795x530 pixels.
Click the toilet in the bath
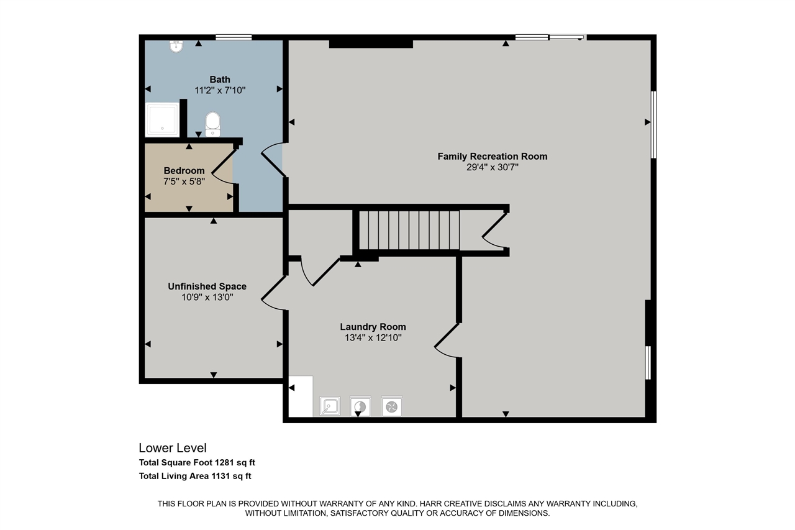click(212, 124)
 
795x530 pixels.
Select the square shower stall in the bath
click(162, 119)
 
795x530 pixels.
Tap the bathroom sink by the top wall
click(176, 46)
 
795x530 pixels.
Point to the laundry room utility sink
click(330, 407)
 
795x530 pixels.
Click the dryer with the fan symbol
click(392, 407)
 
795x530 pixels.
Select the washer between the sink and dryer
click(360, 407)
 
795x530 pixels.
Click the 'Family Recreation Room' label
click(492, 156)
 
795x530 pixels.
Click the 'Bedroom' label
click(184, 170)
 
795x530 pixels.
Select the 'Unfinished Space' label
click(207, 286)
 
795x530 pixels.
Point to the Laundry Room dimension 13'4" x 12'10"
click(373, 337)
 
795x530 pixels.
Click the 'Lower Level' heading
click(172, 448)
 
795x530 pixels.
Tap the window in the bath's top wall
click(234, 37)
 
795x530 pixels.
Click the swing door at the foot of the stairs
click(496, 231)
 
